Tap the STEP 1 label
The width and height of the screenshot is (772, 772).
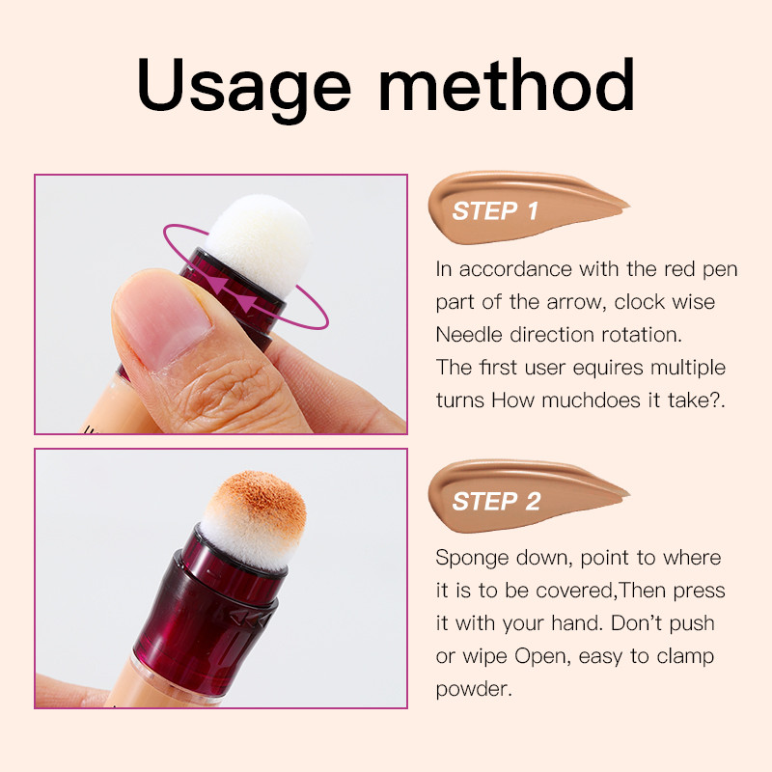495,211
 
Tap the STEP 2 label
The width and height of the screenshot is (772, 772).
495,502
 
